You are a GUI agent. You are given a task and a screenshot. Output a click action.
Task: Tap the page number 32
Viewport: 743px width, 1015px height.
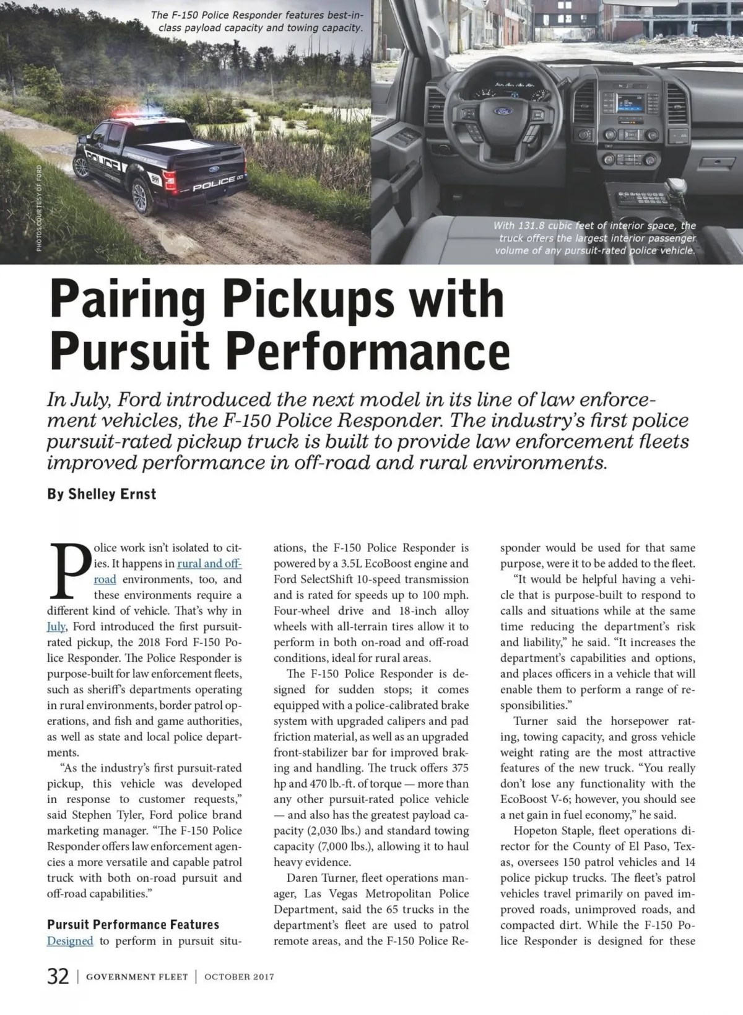click(58, 977)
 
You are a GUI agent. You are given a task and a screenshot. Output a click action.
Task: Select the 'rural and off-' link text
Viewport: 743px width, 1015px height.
click(209, 564)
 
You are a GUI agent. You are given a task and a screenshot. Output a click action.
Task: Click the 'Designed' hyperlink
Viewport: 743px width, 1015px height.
click(70, 941)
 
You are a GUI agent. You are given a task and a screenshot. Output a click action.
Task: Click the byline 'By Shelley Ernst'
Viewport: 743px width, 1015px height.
click(102, 494)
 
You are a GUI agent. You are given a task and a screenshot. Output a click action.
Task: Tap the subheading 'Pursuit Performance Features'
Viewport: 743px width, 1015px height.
click(133, 925)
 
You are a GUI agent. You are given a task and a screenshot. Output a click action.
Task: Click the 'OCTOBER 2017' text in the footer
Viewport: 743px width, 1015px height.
click(239, 977)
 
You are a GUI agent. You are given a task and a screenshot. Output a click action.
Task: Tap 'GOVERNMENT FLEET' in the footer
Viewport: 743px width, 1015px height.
click(137, 977)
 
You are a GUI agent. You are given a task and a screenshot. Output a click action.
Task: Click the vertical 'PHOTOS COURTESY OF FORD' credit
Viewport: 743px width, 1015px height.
click(39, 207)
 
